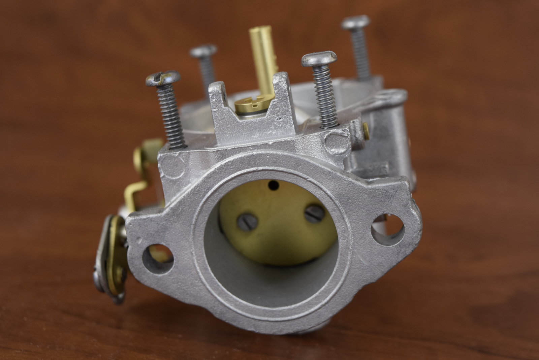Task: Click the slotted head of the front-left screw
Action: (163, 79)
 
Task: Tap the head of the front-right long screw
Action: (319, 59)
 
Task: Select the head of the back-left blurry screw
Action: (203, 51)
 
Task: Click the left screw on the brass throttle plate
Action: (248, 221)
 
